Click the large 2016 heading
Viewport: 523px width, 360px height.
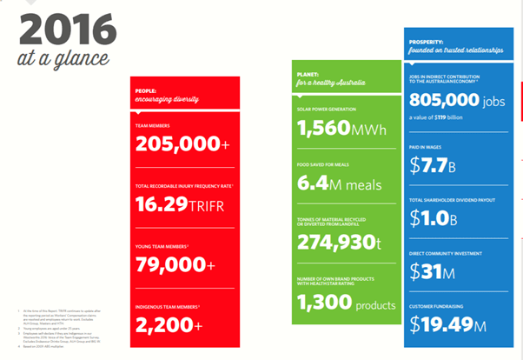click(x=65, y=32)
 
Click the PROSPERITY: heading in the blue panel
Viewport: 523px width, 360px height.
click(x=427, y=41)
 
